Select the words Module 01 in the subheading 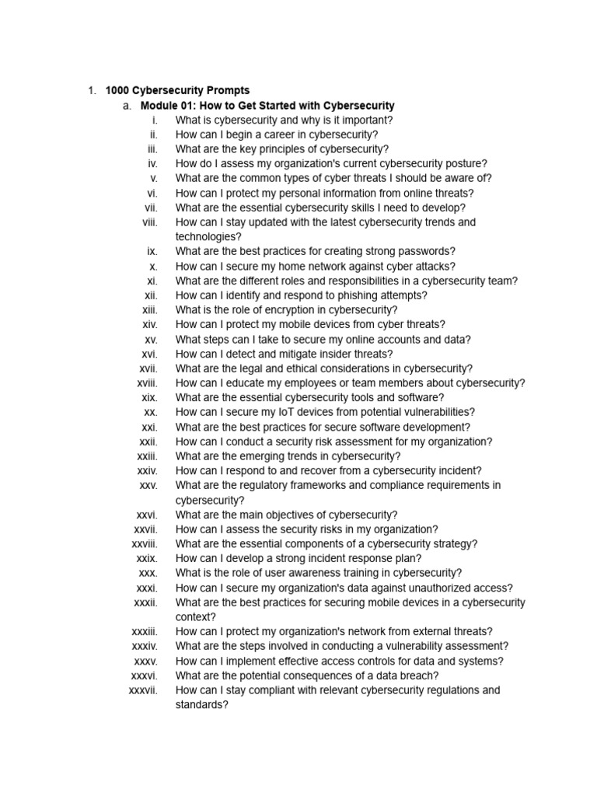[165, 106]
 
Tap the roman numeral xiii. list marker [150, 310]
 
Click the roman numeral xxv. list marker [148, 485]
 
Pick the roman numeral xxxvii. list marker [143, 690]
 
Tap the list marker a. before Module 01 [127, 106]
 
